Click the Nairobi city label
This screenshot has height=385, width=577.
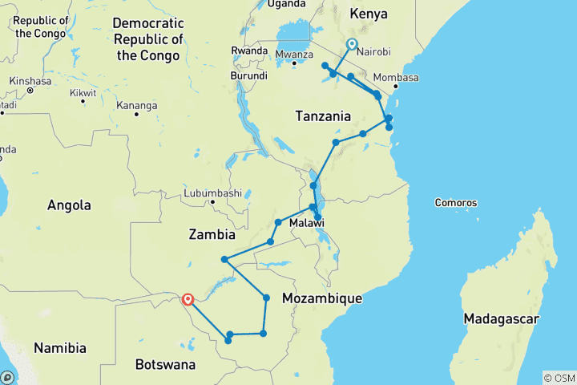tap(373, 51)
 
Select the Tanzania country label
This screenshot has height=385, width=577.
tap(323, 116)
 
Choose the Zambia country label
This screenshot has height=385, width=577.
tap(212, 235)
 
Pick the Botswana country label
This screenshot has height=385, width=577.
tap(165, 365)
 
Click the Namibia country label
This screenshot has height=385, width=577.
tap(60, 348)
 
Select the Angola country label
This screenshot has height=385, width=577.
tap(69, 205)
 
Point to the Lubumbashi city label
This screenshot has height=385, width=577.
tap(212, 193)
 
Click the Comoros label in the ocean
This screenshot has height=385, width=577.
tap(456, 203)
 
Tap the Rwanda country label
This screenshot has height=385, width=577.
tap(248, 50)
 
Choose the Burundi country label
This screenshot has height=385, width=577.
tap(248, 76)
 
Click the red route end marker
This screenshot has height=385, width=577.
tap(188, 300)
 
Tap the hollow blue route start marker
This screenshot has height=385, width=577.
tap(350, 44)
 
